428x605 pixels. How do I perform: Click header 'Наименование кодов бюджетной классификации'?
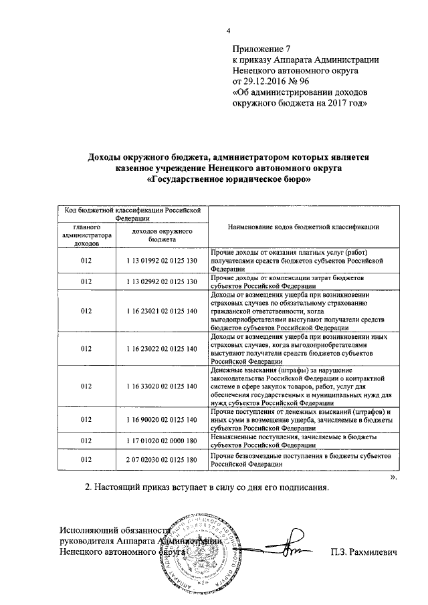click(304, 227)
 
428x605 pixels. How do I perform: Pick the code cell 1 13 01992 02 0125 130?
click(163, 259)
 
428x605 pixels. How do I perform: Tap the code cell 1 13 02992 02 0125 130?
click(163, 281)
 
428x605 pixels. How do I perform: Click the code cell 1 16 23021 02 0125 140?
click(163, 311)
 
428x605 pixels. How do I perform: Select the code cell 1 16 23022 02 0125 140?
click(163, 348)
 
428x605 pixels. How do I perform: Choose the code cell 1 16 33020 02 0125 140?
click(163, 386)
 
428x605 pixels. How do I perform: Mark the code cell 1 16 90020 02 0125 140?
click(163, 419)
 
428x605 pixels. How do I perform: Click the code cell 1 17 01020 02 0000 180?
click(163, 441)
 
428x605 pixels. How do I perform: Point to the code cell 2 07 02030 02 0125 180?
click(163, 460)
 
